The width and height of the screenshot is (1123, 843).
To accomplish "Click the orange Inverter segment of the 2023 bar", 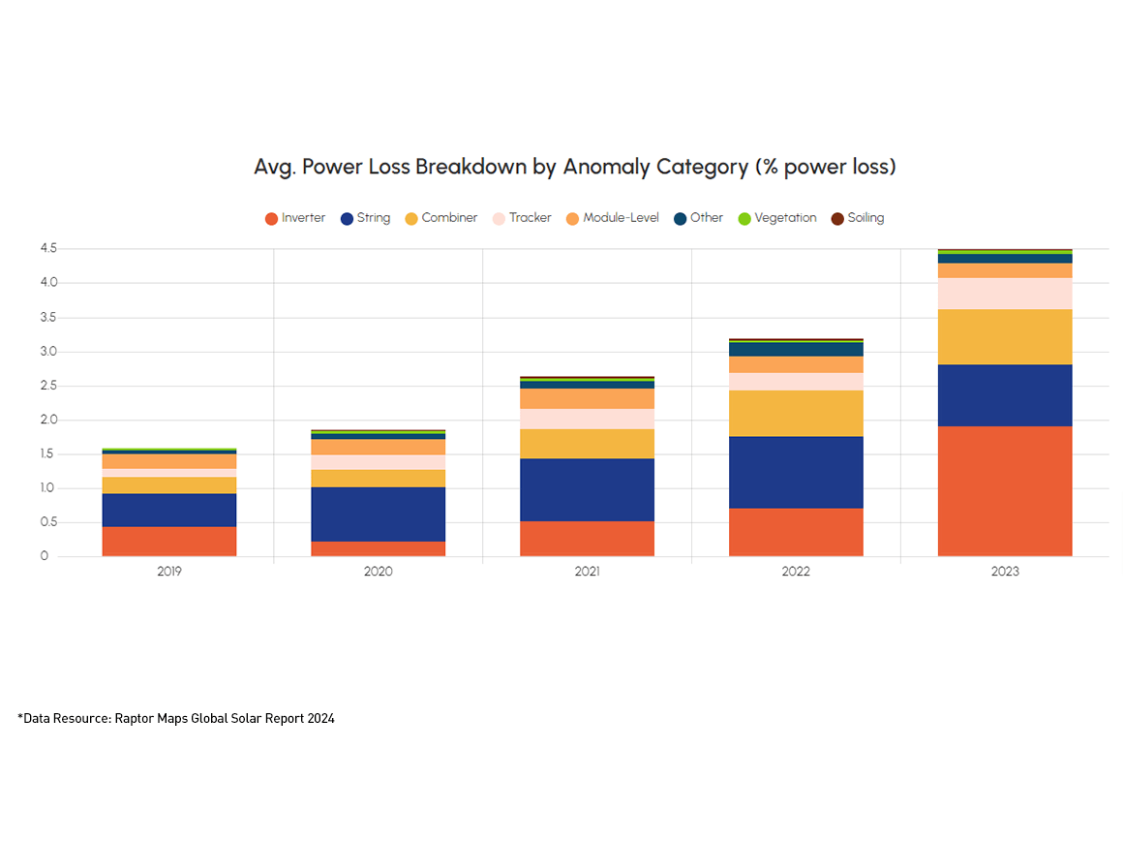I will [x=1005, y=491].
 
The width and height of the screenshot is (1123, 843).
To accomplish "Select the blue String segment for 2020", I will [x=378, y=514].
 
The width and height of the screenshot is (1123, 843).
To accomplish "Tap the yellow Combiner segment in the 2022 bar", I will [x=796, y=414].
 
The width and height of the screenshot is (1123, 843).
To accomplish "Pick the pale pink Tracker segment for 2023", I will [x=1005, y=294].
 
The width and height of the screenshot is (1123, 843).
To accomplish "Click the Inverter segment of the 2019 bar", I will [x=169, y=541].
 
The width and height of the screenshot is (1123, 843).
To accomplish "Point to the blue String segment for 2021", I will [x=587, y=489].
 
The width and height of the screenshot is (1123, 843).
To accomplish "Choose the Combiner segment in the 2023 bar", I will [x=1005, y=337].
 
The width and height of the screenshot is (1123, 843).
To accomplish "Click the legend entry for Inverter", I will [x=295, y=218].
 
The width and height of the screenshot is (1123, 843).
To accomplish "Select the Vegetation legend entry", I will [x=776, y=218].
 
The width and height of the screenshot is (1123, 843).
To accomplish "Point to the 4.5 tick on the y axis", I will [x=48, y=249].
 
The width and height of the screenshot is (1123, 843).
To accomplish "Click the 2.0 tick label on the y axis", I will [x=48, y=420].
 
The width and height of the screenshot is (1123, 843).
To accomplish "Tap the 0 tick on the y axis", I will [x=44, y=556].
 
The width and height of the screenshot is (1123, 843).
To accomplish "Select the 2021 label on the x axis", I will [x=587, y=572].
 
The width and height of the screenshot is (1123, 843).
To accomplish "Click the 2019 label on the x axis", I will [x=169, y=572].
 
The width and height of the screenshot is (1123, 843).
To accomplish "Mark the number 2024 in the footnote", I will [x=320, y=718].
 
